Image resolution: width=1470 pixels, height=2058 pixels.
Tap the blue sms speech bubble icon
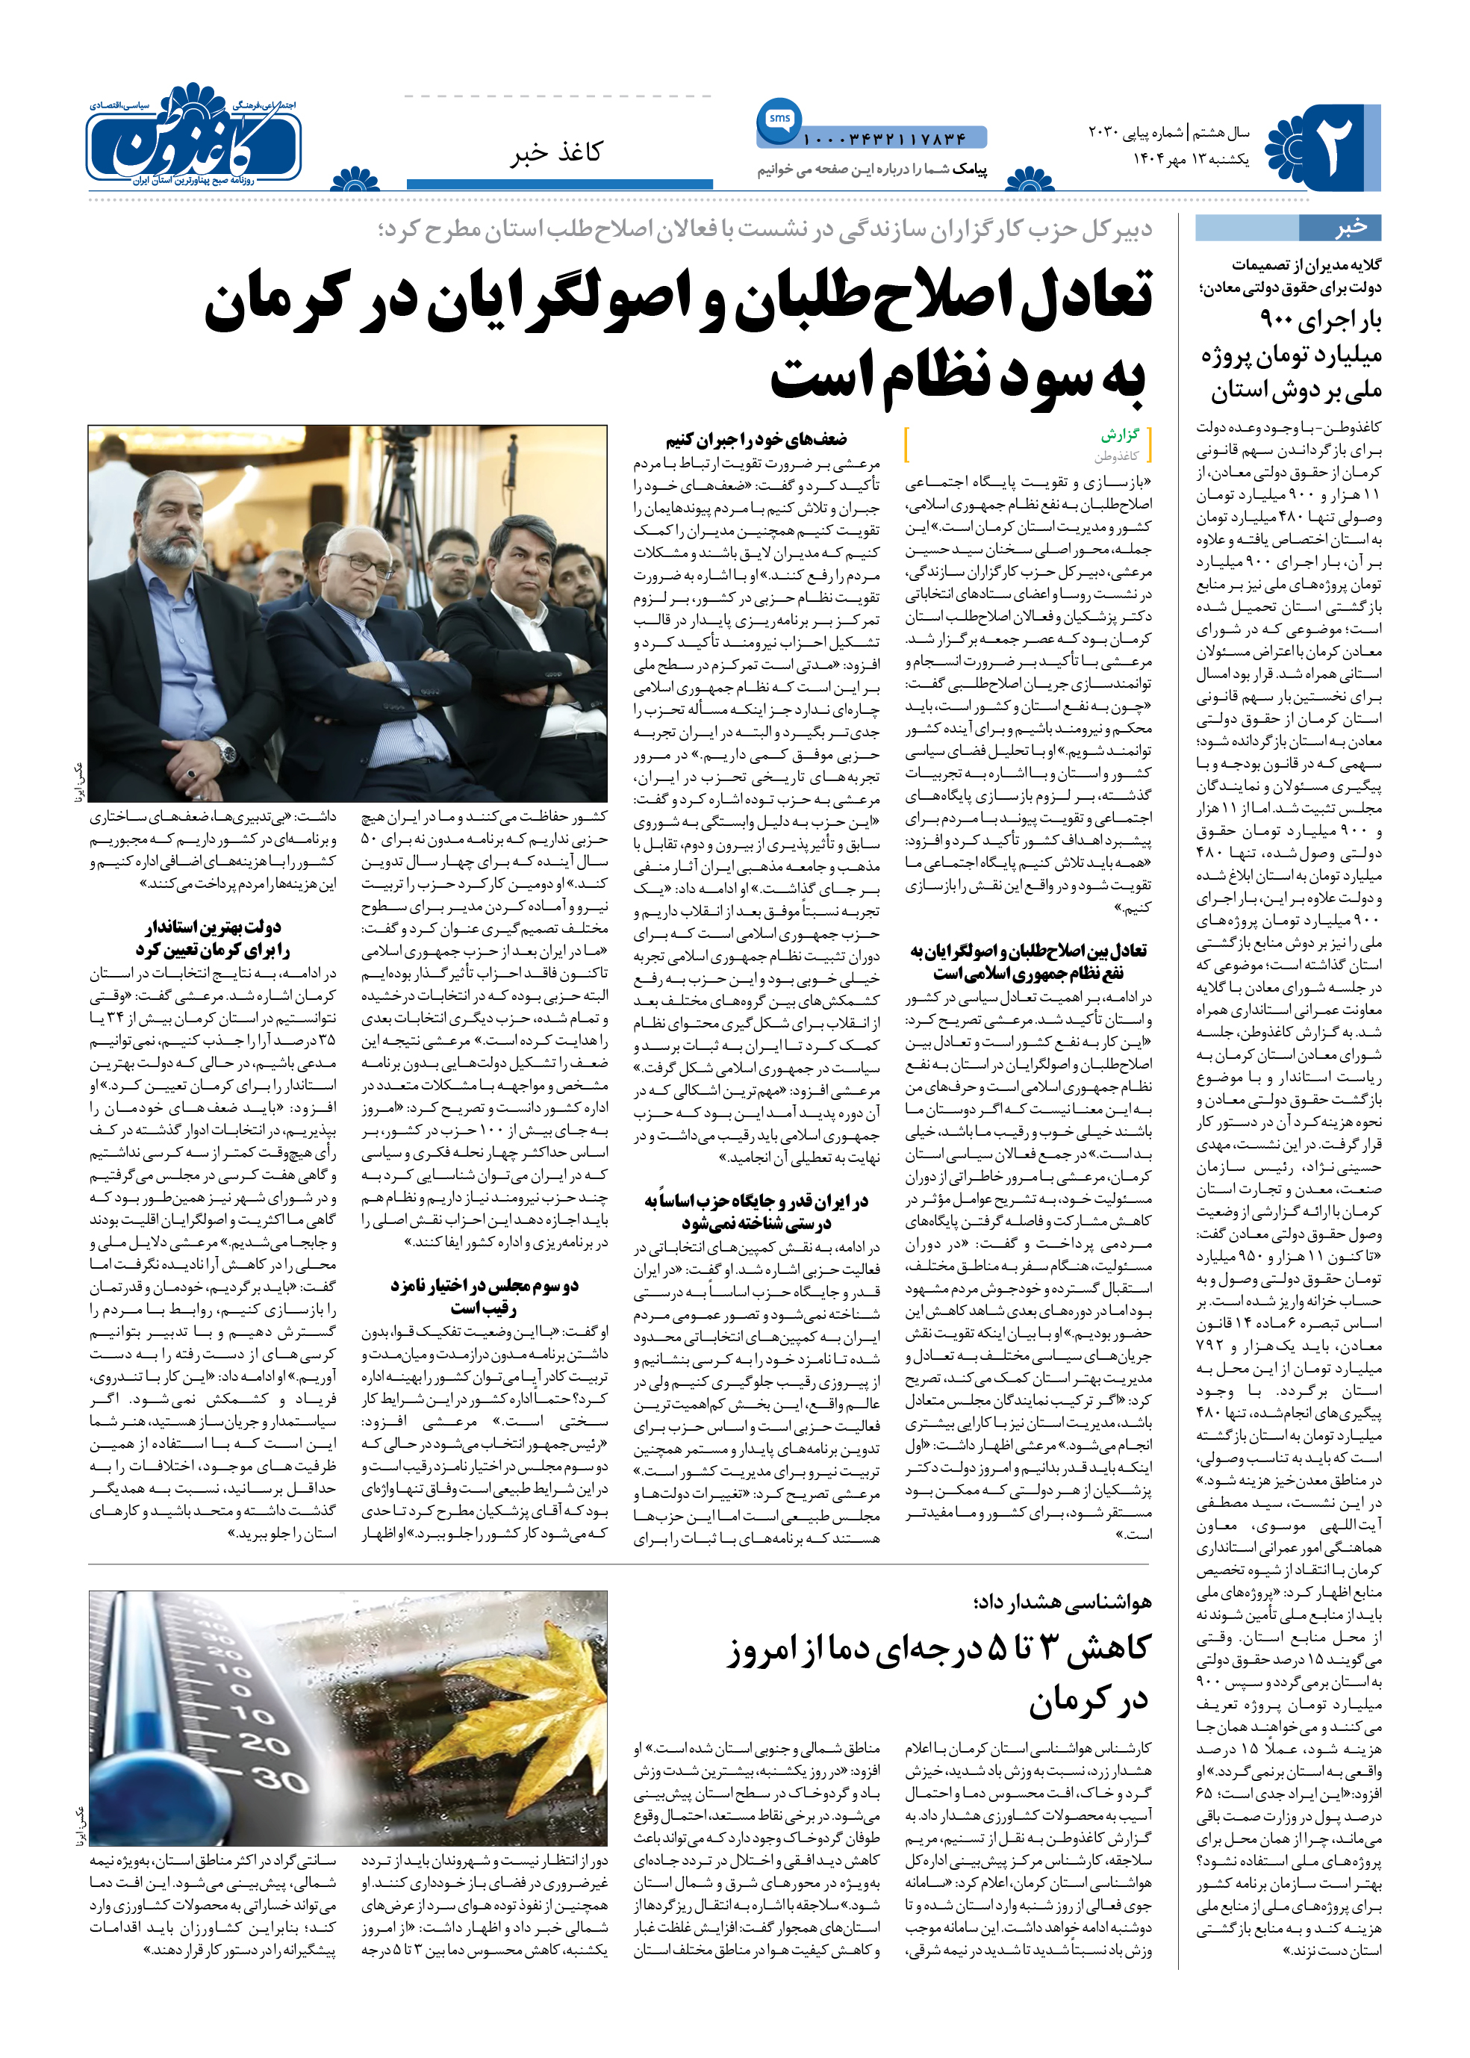click(779, 119)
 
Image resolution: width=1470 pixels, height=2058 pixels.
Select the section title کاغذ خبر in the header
click(555, 152)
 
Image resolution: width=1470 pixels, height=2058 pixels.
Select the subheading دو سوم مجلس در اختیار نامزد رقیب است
click(485, 1296)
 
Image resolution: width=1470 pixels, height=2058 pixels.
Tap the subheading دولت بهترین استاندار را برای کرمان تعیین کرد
click(213, 938)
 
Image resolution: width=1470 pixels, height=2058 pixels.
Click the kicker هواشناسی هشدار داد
click(1062, 1602)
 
